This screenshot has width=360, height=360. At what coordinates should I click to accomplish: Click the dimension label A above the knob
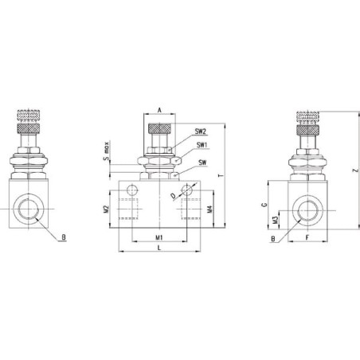click(x=159, y=110)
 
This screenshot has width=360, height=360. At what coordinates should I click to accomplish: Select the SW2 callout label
click(x=201, y=131)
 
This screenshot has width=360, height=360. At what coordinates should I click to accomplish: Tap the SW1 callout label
click(x=202, y=145)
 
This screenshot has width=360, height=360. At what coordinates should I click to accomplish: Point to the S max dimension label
click(x=106, y=151)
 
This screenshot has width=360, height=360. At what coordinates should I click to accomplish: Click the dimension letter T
click(x=220, y=176)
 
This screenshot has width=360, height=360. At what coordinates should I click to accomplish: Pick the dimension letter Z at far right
click(x=356, y=170)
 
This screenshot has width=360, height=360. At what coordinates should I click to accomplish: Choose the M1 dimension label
click(x=159, y=237)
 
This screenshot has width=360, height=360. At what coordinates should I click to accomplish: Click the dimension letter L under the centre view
click(x=159, y=248)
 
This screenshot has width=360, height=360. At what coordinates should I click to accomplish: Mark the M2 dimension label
click(x=107, y=209)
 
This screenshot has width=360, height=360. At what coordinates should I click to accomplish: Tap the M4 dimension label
click(x=209, y=209)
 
